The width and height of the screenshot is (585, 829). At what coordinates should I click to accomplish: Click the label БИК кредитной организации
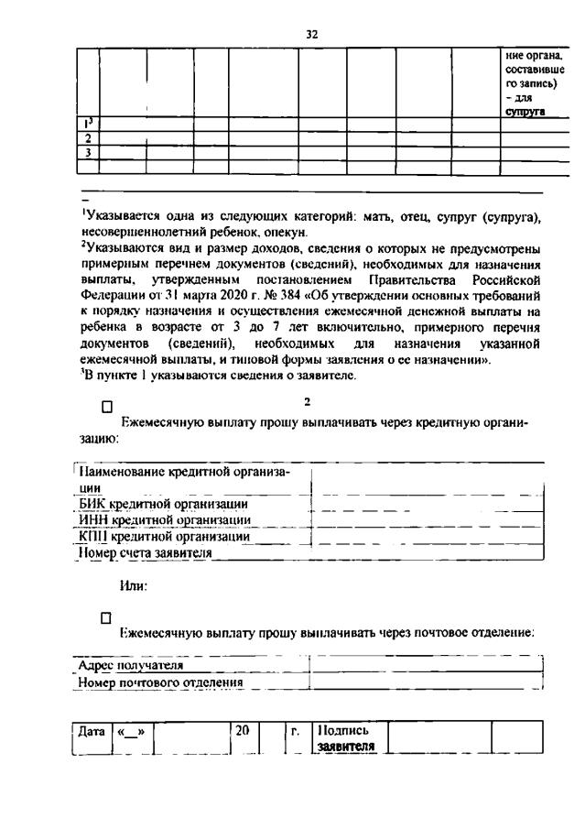(163, 504)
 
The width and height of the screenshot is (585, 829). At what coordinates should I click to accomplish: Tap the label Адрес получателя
(130, 666)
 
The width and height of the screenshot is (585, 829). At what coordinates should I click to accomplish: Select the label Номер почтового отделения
(160, 682)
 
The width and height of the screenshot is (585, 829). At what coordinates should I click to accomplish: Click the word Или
(134, 585)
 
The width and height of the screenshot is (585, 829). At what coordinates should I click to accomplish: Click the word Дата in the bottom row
(92, 732)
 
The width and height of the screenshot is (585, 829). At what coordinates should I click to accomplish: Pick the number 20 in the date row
(243, 732)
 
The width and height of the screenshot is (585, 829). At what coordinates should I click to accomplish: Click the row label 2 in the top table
(87, 138)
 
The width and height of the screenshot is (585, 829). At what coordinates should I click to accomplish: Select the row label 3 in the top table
(87, 152)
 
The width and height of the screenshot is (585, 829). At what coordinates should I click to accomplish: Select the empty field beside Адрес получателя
(427, 666)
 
